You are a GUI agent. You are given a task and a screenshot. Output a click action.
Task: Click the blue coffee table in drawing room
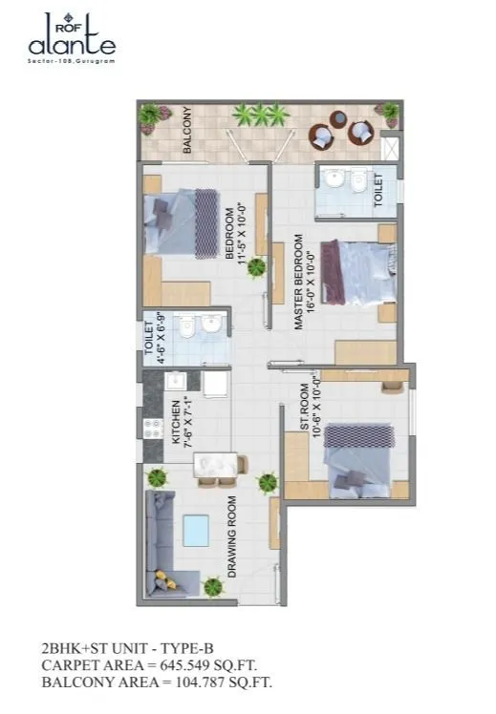coord(196,531)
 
